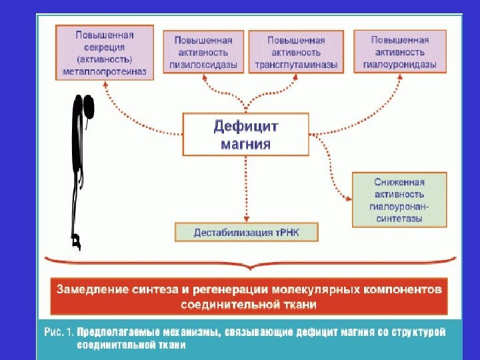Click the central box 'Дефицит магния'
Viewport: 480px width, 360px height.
246,134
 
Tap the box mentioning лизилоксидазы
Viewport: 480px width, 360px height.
203,52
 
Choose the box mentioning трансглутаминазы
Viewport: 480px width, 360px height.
296,52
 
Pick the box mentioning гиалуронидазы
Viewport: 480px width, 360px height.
399,52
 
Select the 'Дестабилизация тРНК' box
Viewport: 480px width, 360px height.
246,233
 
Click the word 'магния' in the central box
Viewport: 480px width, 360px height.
246,143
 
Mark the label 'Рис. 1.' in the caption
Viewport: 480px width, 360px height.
59,331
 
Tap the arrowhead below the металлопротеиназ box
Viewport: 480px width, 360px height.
105,79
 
